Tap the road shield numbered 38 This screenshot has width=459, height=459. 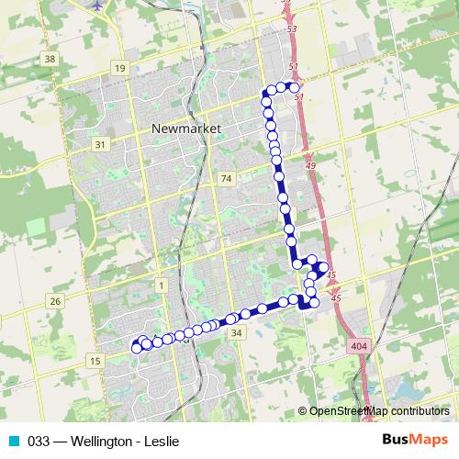50,60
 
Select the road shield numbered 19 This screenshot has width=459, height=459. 120,69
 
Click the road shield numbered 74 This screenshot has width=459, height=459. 227,177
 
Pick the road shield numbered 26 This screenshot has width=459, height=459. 56,301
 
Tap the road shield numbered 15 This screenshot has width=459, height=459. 95,362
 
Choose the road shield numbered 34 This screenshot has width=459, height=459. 237,333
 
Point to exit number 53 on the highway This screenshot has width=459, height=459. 292,31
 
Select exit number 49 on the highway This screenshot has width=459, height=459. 310,166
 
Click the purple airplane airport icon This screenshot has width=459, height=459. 97,5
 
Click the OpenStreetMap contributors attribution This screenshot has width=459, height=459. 378,411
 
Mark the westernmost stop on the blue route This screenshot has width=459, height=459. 137,347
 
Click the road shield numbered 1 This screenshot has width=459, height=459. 162,286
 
